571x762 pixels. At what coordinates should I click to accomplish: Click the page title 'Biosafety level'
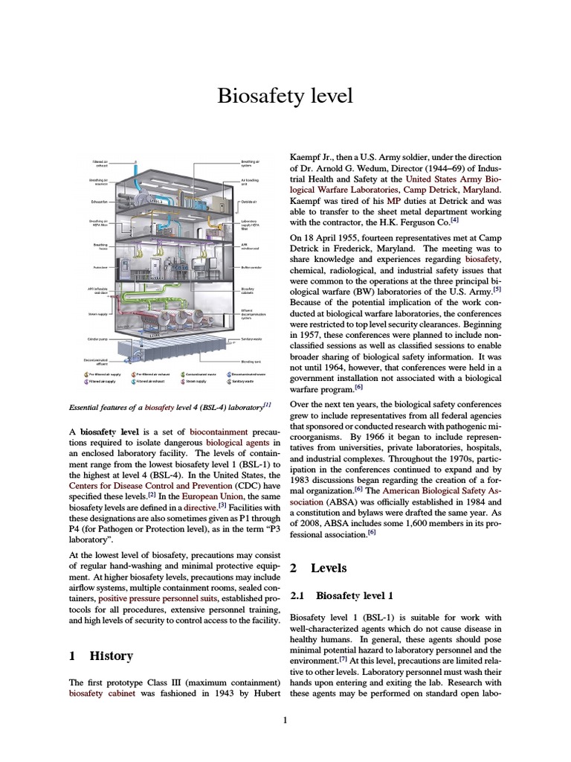point(285,96)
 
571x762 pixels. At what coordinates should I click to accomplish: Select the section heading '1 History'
point(101,656)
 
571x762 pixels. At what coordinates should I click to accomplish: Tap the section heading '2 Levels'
point(318,568)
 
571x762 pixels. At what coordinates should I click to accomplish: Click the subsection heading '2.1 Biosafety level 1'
point(342,595)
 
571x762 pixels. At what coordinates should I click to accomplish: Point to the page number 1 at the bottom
point(285,720)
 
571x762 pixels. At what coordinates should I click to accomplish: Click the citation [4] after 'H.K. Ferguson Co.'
point(454,220)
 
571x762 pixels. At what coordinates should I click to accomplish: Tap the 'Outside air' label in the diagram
point(248,202)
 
